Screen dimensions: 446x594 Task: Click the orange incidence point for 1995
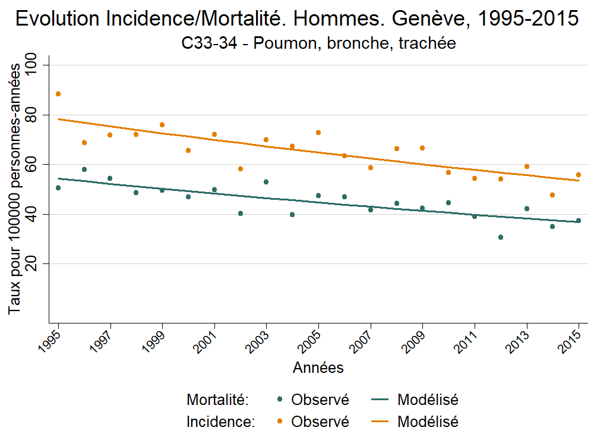click(x=58, y=94)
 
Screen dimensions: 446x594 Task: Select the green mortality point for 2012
click(x=501, y=237)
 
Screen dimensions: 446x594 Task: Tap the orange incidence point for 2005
click(x=318, y=133)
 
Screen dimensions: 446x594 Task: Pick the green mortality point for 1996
click(x=84, y=169)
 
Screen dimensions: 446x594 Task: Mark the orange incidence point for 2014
click(x=552, y=195)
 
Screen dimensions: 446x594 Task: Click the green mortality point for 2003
click(x=266, y=182)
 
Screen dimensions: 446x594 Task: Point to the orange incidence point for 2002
click(x=241, y=169)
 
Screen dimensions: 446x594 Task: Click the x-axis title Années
click(x=318, y=368)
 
